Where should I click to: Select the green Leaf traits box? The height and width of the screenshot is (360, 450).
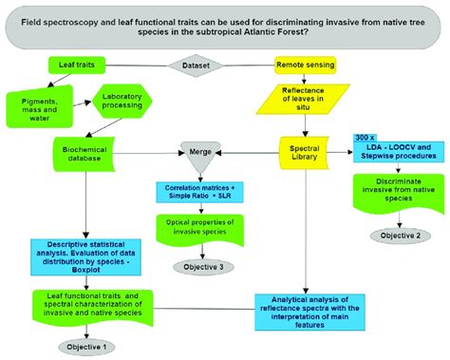[75, 66]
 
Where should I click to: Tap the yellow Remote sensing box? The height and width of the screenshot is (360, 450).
[307, 66]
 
